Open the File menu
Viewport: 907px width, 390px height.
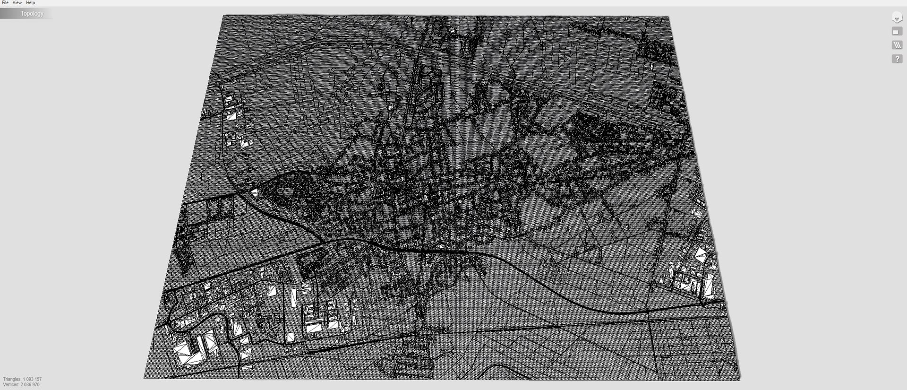point(5,3)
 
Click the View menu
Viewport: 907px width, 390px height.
point(17,3)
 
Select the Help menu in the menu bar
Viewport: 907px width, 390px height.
point(30,3)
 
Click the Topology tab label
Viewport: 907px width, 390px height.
point(32,14)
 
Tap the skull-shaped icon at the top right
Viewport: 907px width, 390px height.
point(897,18)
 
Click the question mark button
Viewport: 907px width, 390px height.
point(897,59)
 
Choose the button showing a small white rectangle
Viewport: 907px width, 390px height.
point(897,32)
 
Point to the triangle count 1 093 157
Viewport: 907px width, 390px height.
point(32,379)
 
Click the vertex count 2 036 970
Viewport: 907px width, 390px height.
point(30,385)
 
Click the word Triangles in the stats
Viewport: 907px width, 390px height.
point(12,379)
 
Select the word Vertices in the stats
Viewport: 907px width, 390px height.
point(11,385)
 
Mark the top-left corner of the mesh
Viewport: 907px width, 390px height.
point(223,16)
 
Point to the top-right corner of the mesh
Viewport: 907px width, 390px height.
point(668,17)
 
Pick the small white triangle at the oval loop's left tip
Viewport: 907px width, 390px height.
point(254,192)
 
